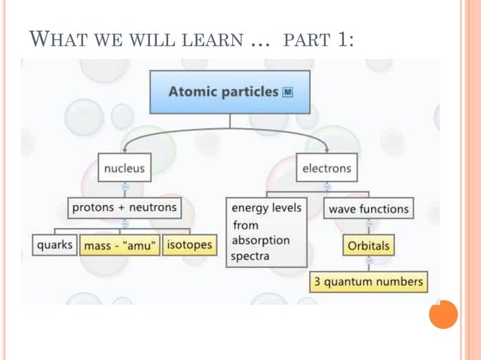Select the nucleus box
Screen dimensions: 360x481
[124, 168]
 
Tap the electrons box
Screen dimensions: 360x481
[326, 168]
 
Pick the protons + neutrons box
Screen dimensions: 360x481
[124, 206]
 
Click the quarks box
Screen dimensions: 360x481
[54, 245]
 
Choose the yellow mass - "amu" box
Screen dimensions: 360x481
[121, 246]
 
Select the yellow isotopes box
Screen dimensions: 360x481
[188, 245]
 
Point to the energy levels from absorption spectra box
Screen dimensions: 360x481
[267, 232]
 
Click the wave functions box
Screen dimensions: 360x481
[369, 209]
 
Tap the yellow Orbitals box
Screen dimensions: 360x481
[369, 246]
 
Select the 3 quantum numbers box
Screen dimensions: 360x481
[369, 282]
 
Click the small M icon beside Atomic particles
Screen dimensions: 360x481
[287, 93]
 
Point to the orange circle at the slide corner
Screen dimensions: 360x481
[443, 314]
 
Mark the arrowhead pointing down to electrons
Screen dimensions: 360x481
[326, 151]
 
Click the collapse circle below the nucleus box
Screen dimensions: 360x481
[124, 186]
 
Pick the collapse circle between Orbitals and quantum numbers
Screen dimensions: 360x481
[369, 261]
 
